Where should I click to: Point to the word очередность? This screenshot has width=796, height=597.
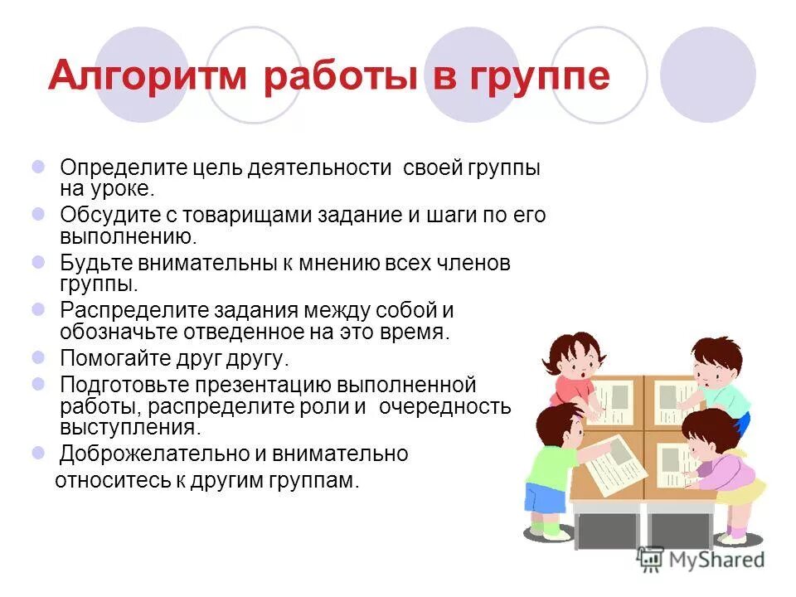[x=448, y=407]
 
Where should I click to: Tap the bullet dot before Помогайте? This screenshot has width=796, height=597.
[x=39, y=358]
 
